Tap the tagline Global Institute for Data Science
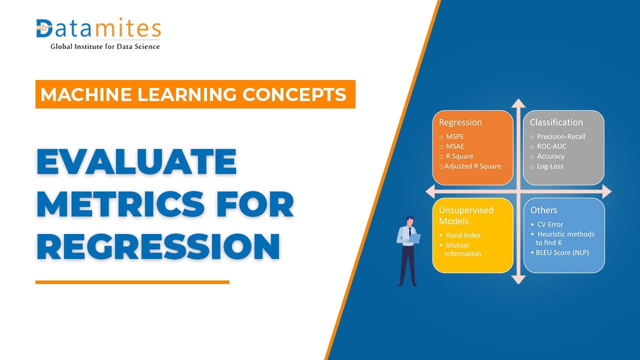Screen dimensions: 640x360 click(105, 46)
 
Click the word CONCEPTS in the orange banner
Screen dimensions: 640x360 click(294, 94)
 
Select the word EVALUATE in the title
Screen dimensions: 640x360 click(137, 161)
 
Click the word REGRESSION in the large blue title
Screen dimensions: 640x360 click(158, 246)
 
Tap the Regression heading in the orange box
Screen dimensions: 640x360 click(460, 122)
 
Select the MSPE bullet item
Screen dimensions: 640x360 click(454, 136)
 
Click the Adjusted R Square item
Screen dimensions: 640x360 click(472, 166)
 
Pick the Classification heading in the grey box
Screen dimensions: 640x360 click(556, 122)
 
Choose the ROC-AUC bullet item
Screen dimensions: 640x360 click(551, 146)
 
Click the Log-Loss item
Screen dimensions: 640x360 click(550, 166)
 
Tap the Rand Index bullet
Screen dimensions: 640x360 click(463, 235)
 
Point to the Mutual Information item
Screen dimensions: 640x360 click(462, 249)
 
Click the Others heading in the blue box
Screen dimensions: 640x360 click(543, 210)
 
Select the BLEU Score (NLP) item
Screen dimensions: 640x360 click(562, 252)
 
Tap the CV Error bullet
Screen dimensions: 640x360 click(550, 224)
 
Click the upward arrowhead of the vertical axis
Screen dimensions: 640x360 click(518, 103)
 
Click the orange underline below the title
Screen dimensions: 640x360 click(132, 282)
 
